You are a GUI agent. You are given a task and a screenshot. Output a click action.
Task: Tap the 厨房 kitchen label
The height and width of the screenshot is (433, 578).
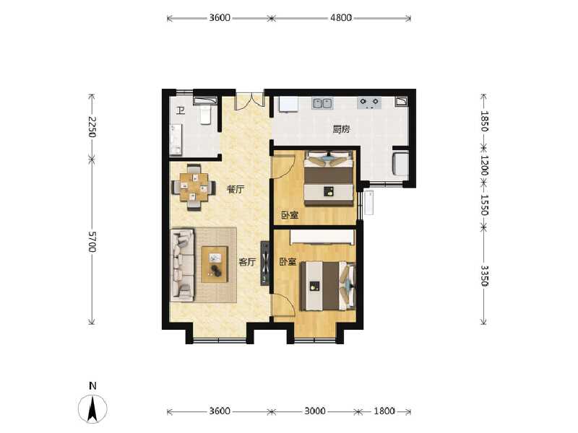tap(341, 130)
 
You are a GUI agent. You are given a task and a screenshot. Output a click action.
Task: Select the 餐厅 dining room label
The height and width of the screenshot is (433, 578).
tap(236, 190)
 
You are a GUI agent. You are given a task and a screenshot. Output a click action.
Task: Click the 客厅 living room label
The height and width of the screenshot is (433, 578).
tap(248, 262)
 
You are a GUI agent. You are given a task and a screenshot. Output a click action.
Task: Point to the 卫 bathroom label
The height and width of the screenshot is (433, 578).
tap(180, 110)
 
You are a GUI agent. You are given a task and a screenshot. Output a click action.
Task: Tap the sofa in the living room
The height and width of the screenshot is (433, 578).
tap(183, 264)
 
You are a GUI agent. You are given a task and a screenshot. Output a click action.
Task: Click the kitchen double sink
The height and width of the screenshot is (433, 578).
tap(322, 103)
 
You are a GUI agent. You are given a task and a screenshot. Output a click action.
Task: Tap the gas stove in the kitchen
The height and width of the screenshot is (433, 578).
tap(370, 103)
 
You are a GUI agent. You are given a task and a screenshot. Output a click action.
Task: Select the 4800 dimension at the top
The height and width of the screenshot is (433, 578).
tap(341, 18)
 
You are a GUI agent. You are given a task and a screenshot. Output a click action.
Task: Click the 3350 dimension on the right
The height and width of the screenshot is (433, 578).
tap(485, 276)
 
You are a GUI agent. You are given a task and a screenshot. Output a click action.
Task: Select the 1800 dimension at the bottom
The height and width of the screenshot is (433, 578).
tap(384, 411)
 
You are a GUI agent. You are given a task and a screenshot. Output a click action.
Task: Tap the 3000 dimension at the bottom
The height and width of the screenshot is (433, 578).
tap(314, 411)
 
